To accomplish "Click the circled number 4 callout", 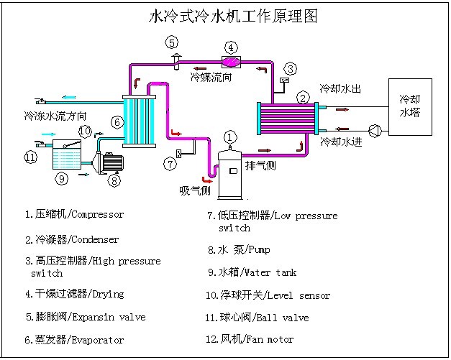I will click(230, 47).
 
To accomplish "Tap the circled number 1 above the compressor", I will click(230, 137).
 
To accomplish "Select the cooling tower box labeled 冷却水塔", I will click(410, 106).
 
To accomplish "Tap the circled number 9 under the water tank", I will click(62, 177).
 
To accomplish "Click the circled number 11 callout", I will click(30, 157).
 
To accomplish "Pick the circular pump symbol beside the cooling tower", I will click(374, 130).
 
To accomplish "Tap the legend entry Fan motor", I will click(269, 339).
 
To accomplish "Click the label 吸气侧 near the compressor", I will click(194, 190).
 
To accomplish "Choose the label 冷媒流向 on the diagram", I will click(211, 76).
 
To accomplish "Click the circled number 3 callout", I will click(290, 69).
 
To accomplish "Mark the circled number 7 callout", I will click(170, 164).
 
